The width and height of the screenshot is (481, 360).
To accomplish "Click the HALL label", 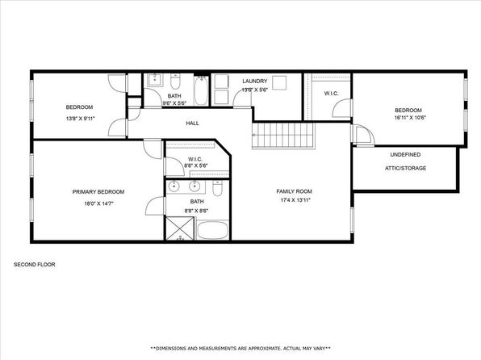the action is click(x=192, y=123).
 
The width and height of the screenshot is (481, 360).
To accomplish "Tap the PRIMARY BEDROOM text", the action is click(x=98, y=192).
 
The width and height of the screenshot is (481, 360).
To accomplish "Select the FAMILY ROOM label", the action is click(x=295, y=191).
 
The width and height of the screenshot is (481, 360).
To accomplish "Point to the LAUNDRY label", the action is click(x=254, y=81).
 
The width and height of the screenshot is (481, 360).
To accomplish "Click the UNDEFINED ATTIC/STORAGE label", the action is click(x=405, y=161).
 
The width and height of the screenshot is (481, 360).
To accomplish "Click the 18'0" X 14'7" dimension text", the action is click(x=98, y=203).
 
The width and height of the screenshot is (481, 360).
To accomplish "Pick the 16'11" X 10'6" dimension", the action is click(x=410, y=117).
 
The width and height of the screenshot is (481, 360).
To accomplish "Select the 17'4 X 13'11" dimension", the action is click(x=295, y=200).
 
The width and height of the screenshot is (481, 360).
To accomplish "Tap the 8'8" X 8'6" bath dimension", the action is click(x=196, y=211).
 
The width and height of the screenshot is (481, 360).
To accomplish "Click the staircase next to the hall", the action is click(x=283, y=136).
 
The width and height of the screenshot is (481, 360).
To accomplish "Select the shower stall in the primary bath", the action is click(x=180, y=228).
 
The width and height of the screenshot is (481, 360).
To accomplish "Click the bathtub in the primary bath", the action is click(x=212, y=230).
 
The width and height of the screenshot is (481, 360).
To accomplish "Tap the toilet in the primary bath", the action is click(x=217, y=188).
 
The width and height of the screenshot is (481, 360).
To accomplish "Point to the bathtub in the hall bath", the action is click(x=201, y=90).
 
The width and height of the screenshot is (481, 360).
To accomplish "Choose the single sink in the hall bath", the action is click(x=155, y=80).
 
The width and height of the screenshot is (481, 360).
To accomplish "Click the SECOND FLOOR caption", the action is click(x=35, y=264).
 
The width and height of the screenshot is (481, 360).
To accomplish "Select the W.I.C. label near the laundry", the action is click(x=332, y=93).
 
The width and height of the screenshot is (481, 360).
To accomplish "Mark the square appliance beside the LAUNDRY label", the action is click(x=279, y=82).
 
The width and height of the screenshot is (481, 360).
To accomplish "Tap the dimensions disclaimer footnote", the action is click(x=240, y=349).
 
